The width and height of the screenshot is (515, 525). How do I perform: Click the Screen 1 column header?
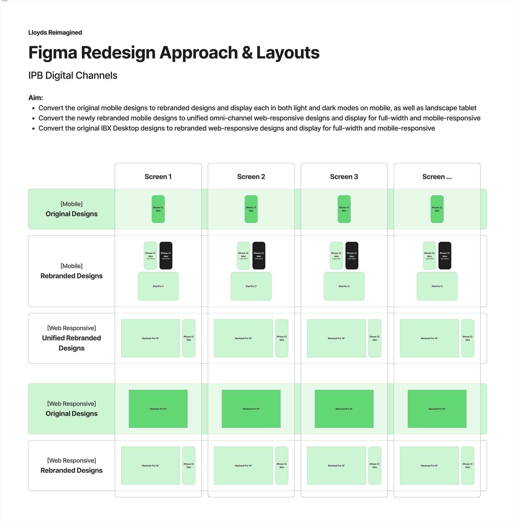click(158, 177)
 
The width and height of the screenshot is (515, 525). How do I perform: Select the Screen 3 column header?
click(344, 177)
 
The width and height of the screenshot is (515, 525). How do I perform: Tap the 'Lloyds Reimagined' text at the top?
click(55, 33)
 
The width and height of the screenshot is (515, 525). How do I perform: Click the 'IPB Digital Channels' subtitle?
click(73, 75)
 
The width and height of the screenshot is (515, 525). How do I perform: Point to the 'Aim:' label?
click(36, 98)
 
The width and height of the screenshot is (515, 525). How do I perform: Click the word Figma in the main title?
click(53, 52)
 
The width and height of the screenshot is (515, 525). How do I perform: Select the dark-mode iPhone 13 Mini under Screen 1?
click(166, 256)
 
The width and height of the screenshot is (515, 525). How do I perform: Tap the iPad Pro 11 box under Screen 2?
click(251, 286)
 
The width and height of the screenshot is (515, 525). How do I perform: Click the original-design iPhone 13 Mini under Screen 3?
click(344, 209)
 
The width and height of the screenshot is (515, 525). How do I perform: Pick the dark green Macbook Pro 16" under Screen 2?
click(251, 409)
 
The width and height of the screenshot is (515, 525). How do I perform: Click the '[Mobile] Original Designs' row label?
click(71, 209)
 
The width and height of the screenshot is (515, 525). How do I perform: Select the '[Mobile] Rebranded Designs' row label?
click(71, 271)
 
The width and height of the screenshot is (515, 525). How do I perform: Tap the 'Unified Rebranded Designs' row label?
click(71, 338)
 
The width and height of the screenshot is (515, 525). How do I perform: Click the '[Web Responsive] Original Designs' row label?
click(71, 409)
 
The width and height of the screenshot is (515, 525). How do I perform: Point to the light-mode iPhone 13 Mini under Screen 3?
click(336, 256)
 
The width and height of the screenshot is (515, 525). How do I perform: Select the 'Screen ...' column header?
click(437, 177)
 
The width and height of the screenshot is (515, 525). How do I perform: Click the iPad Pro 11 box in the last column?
click(437, 286)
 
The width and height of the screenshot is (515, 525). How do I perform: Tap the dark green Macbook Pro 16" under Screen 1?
click(158, 409)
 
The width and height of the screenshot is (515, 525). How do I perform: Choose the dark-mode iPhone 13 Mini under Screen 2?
click(259, 256)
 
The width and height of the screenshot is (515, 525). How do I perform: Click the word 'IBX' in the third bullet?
click(106, 128)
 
